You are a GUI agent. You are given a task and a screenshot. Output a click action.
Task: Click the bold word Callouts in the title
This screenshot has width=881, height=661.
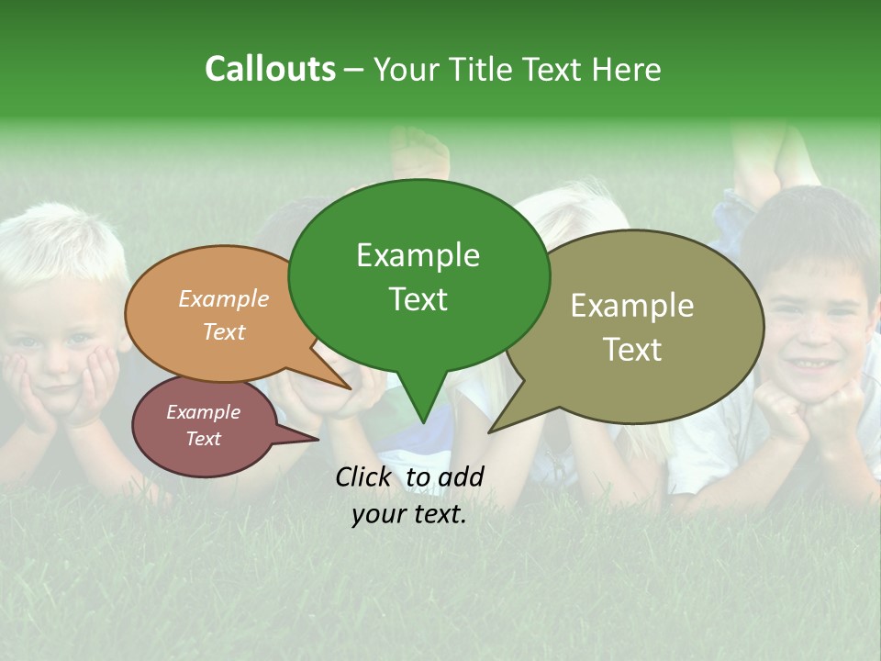pos(270,69)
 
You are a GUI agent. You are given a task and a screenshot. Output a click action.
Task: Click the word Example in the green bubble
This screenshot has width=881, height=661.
pos(418,255)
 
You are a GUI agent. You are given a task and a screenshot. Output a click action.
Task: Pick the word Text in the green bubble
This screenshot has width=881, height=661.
pos(418,299)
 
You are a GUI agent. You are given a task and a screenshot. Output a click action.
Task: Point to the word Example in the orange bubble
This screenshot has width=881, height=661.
pos(223,298)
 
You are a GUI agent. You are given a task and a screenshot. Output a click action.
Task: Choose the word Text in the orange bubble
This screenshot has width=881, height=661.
pos(223,331)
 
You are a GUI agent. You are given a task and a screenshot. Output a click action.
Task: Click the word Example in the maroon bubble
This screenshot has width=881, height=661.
pos(203,412)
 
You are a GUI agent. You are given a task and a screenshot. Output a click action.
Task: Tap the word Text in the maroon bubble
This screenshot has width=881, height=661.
pos(203,439)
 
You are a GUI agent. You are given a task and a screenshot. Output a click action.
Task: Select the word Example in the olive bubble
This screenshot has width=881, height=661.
pos(632,306)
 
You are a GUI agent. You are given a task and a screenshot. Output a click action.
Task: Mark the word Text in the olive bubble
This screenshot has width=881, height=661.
pos(632,350)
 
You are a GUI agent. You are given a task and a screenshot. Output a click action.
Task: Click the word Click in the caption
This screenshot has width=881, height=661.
pos(364,476)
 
